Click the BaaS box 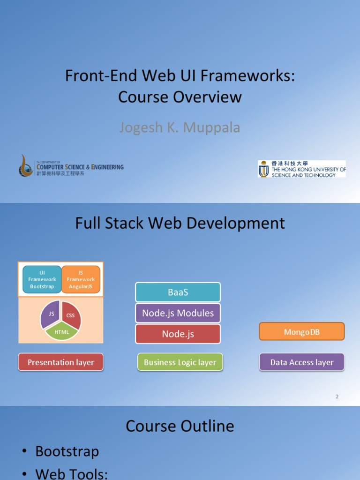(178, 292)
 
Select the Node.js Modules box (178, 313)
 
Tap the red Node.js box (178, 334)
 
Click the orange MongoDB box (301, 332)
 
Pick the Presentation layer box (60, 362)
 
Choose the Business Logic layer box (180, 362)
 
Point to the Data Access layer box (301, 362)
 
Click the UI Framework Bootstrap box (42, 279)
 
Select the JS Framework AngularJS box (81, 279)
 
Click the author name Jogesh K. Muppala (180, 127)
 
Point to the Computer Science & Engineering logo (71, 166)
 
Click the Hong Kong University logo (302, 169)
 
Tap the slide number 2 (337, 397)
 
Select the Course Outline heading (180, 426)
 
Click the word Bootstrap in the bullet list (67, 451)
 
